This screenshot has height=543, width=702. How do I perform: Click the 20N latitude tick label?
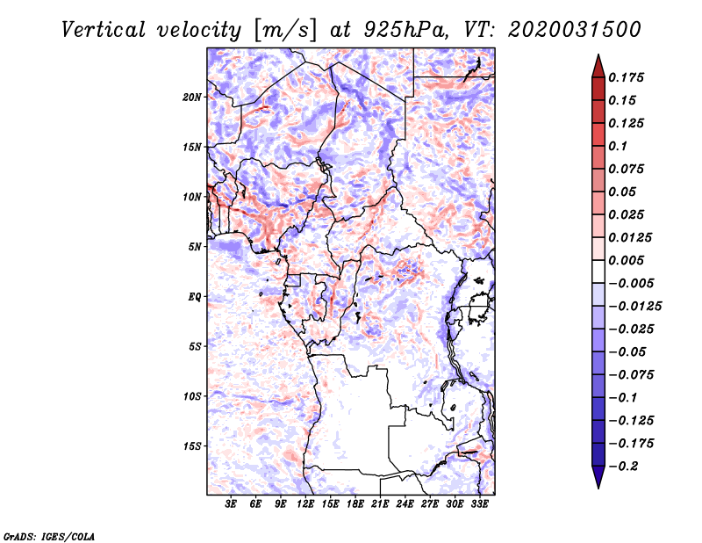point(192,98)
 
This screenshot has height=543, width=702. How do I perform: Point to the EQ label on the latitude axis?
point(195,297)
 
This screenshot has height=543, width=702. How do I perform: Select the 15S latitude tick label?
point(192,446)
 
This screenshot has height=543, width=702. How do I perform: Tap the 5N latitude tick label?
point(195,247)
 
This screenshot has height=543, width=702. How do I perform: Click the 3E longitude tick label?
point(231,503)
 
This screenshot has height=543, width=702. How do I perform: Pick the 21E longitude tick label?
point(380,503)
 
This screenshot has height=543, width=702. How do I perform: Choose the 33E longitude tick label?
point(479,503)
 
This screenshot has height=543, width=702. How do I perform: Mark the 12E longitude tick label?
point(305,503)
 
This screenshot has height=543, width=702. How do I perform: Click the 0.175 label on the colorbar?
point(626,77)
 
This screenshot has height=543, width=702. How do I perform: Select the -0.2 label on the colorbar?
point(623,467)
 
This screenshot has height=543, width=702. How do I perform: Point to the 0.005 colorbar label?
point(626,260)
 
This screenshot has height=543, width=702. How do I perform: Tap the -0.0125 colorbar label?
point(634,307)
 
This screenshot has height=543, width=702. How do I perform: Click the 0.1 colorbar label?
point(618,146)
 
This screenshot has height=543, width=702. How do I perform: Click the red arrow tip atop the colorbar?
point(598,54)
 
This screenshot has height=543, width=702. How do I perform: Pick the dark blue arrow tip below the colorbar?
point(598,488)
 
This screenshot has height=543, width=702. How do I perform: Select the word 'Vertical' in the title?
point(104,30)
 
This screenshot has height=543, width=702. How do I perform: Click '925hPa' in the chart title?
point(405,30)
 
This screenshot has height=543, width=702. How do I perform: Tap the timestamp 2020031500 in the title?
point(575,30)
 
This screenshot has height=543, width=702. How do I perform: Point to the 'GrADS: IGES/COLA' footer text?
point(49,536)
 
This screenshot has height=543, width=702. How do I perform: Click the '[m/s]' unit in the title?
point(285,30)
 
